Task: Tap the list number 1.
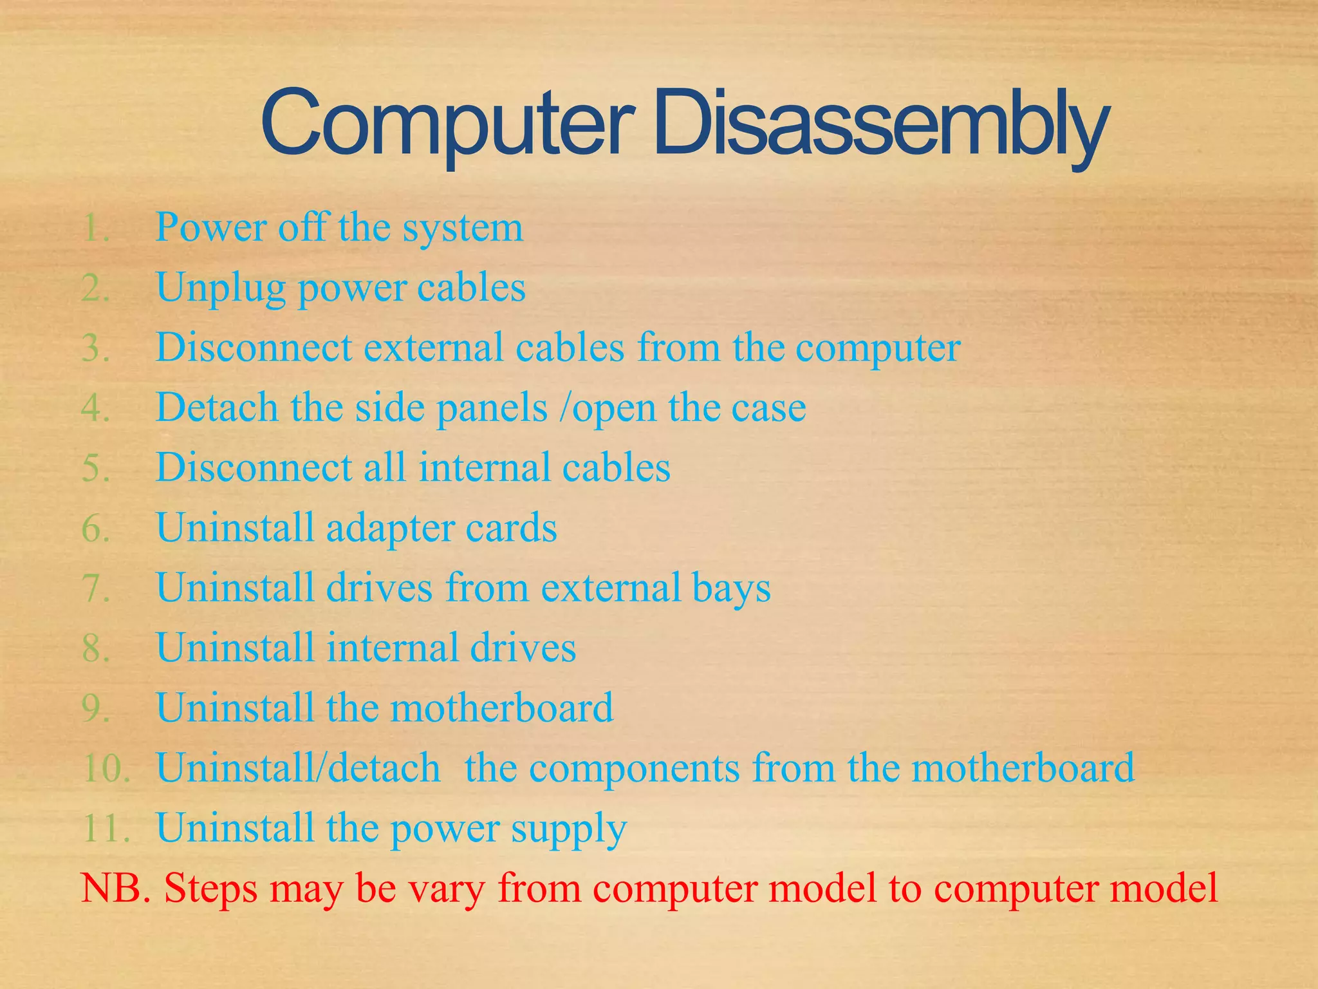point(95,228)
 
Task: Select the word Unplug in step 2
point(220,288)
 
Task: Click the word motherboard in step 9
point(502,708)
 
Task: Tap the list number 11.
point(106,828)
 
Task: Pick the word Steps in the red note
point(210,889)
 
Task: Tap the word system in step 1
point(463,229)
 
